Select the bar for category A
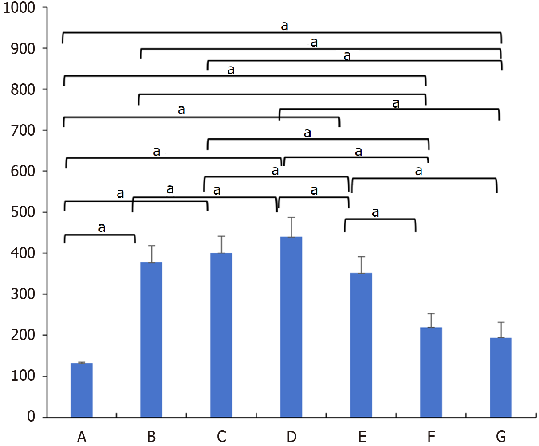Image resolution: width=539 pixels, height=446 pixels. point(82,390)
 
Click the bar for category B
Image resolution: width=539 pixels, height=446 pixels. point(151,340)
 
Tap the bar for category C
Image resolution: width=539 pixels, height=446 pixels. point(221,335)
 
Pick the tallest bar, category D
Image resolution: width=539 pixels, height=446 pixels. point(291,327)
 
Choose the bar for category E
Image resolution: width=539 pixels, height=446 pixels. point(361,345)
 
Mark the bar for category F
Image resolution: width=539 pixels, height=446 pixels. point(431,372)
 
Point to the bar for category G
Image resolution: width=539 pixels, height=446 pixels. point(501,377)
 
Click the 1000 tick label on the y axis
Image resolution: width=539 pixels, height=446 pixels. point(19,8)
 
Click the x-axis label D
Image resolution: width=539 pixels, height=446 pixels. point(291,437)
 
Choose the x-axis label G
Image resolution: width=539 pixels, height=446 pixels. point(501,437)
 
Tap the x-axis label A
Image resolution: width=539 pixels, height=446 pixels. point(82,437)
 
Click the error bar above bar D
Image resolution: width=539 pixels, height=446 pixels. point(291,227)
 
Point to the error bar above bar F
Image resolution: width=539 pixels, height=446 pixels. point(431,320)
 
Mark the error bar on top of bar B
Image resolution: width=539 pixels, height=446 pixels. point(152,254)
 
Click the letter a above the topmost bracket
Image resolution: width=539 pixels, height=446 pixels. point(284,26)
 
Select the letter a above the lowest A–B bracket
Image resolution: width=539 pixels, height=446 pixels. point(102,228)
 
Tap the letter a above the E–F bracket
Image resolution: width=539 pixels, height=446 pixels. point(375,213)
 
